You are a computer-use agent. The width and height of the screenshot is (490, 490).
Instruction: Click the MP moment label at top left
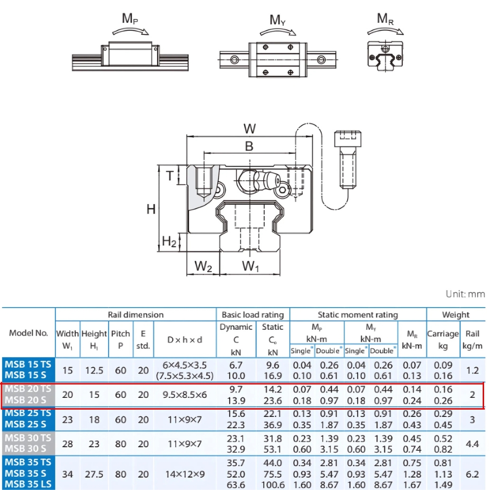tap(129, 19)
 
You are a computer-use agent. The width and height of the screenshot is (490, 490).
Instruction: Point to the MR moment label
tap(385, 19)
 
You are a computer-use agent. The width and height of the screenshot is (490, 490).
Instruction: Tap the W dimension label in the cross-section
tap(249, 129)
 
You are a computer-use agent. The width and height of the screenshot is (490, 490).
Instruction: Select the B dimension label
tap(249, 146)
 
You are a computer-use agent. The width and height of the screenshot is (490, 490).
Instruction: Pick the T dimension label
tap(170, 176)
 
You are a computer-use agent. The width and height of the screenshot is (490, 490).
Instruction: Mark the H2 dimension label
tap(169, 241)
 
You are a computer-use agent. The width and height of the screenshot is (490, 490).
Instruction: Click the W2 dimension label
tap(203, 267)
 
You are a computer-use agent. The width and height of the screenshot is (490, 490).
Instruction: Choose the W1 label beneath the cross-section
tap(250, 267)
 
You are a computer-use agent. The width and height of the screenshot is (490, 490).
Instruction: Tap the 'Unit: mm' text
tap(465, 294)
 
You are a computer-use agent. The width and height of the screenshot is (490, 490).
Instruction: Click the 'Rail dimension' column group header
tap(136, 315)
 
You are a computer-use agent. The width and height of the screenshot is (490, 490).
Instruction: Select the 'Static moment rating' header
tap(358, 315)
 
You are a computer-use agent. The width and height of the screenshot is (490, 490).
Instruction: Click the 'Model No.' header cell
tap(28, 333)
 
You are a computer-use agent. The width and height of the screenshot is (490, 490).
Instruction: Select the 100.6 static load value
tap(273, 485)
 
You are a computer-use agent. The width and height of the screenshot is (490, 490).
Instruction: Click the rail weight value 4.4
tap(472, 444)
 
